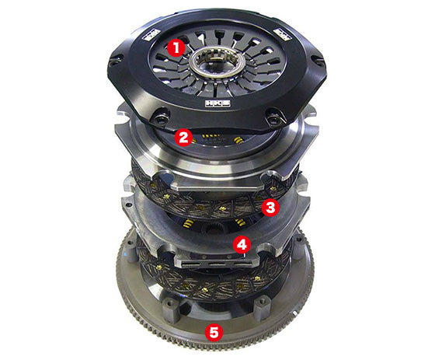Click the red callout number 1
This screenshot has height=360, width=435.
177,47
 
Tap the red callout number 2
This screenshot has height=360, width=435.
183,138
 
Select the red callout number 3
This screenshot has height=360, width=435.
270,206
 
